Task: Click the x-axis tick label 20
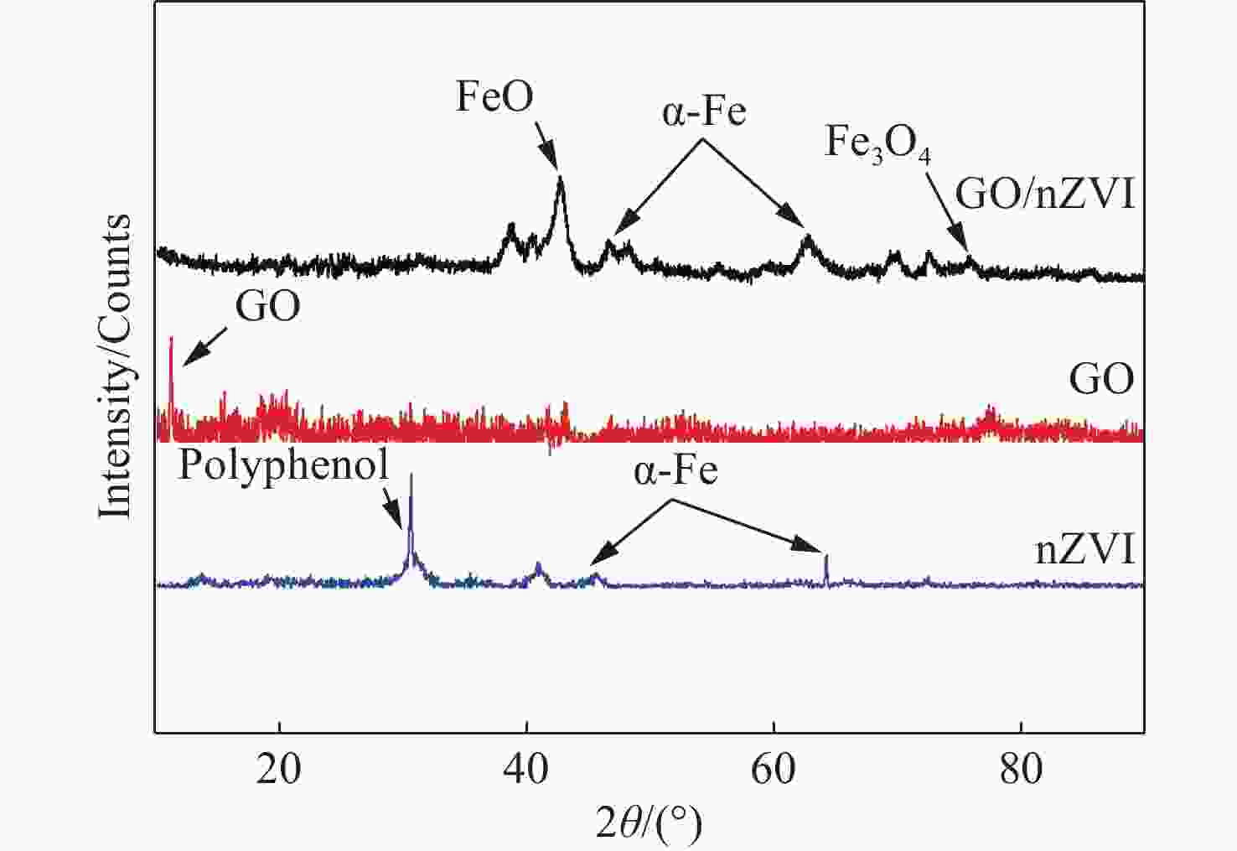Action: pos(278,768)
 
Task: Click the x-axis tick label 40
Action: pos(525,768)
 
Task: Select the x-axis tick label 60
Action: pos(773,768)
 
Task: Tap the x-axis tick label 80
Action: pos(1021,768)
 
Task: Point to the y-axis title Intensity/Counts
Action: pos(116,366)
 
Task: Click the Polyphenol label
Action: pos(283,465)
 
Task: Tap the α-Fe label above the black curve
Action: pos(704,112)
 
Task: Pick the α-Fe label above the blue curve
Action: pos(675,471)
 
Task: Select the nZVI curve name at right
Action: pos(1084,553)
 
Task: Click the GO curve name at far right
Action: pos(1101,380)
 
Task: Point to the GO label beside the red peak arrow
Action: pos(267,308)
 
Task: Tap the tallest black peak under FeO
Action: pos(560,180)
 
